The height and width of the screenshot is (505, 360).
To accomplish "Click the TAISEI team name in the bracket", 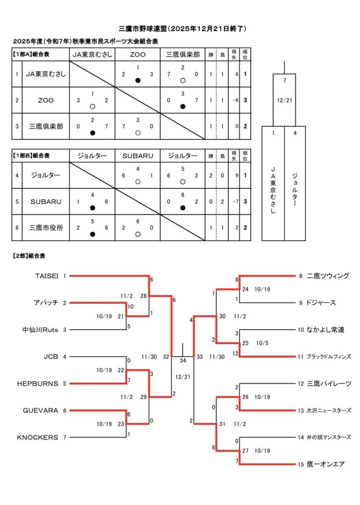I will [x=47, y=276].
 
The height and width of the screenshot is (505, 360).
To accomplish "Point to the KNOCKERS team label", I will [x=37, y=437].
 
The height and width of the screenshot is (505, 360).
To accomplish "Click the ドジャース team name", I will [x=321, y=303].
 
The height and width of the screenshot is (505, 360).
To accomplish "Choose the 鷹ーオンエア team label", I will [x=325, y=464].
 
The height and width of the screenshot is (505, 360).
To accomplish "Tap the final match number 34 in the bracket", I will [x=183, y=361].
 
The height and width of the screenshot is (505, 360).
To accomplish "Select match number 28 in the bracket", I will [x=143, y=296].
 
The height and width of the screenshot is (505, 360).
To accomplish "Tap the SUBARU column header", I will [x=138, y=156].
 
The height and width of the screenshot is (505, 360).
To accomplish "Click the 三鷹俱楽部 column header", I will [x=182, y=55].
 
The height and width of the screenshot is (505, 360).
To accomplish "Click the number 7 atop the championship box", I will [x=285, y=80].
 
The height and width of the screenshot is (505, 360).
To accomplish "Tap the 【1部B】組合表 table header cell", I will [x=34, y=156].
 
